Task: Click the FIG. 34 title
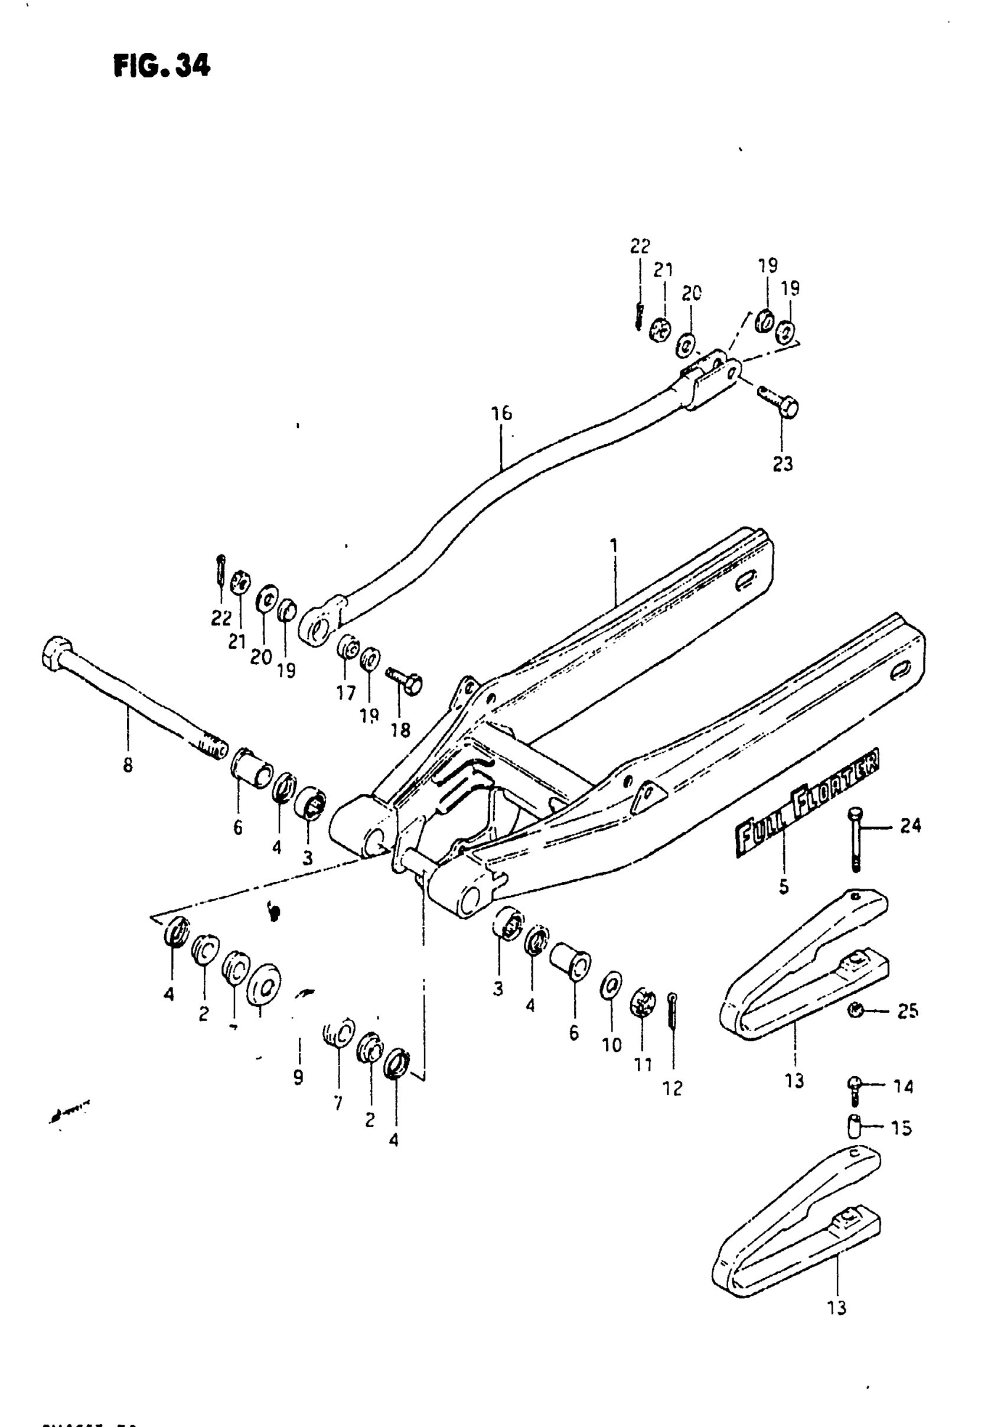(x=162, y=66)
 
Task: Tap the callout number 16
(x=501, y=413)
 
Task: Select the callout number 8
(x=128, y=765)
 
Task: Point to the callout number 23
(x=783, y=464)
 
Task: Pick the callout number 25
(x=907, y=1011)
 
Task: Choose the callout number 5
(x=784, y=886)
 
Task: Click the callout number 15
(x=901, y=1127)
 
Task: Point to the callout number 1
(x=614, y=547)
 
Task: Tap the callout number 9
(x=298, y=1077)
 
